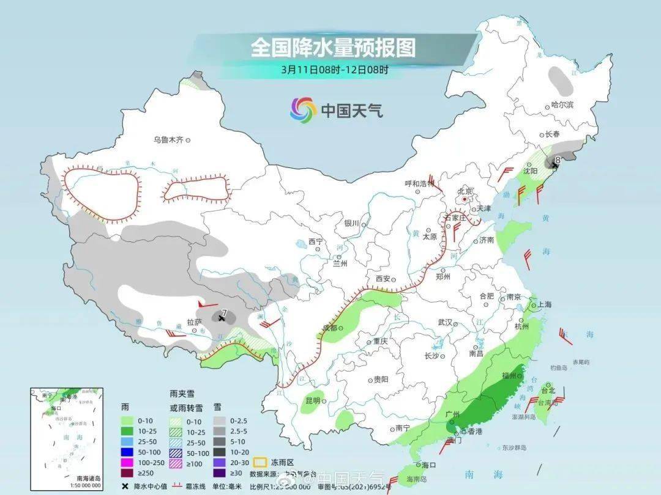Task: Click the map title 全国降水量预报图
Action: click(x=333, y=48)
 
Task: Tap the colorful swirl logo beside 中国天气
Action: click(x=303, y=110)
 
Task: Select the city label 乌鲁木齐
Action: click(x=168, y=140)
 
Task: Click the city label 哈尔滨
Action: click(x=562, y=105)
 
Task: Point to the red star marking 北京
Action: click(x=465, y=199)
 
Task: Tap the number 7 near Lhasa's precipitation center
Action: click(x=225, y=313)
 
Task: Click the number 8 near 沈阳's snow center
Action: click(x=557, y=160)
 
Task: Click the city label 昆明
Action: click(x=312, y=401)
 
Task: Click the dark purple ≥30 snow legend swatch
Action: click(x=219, y=472)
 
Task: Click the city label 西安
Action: click(x=383, y=279)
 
